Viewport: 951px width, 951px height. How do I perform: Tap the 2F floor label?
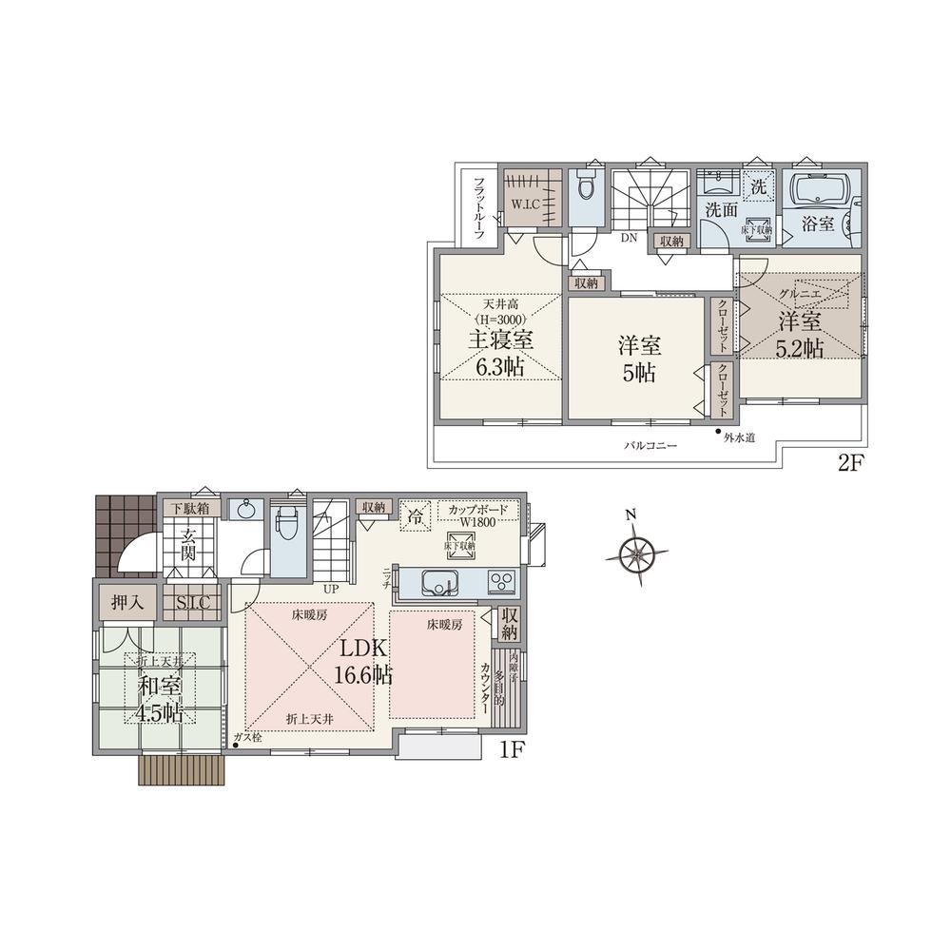(x=848, y=465)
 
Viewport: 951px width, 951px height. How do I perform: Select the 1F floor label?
(x=514, y=750)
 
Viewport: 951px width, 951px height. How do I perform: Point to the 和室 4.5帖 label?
(x=159, y=698)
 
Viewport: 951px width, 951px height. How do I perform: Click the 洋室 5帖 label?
(x=639, y=360)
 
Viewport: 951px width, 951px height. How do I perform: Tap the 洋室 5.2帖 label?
(x=802, y=334)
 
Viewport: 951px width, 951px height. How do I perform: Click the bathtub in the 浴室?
(x=818, y=193)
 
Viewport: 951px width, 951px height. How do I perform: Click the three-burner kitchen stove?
(x=501, y=581)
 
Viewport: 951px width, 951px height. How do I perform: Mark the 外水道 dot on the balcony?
(x=718, y=433)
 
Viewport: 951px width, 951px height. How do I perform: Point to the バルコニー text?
(x=650, y=445)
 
